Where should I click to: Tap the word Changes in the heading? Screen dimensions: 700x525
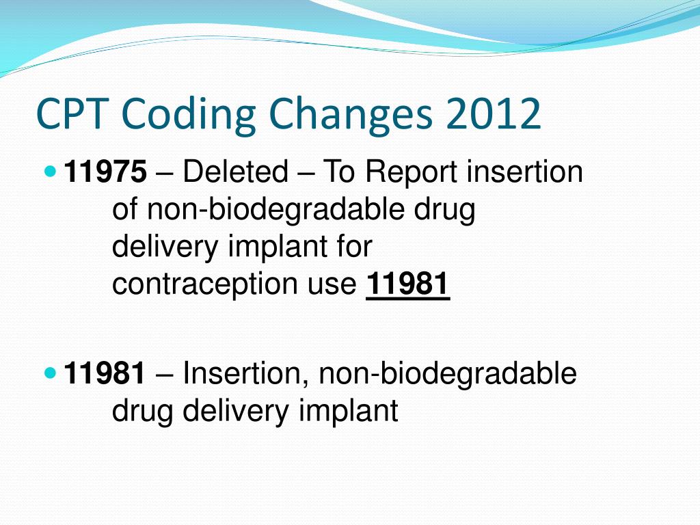pos(351,115)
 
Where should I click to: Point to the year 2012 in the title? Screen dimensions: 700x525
pos(493,113)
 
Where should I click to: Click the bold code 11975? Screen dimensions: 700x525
pos(105,172)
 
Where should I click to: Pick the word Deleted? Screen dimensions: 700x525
pos(235,172)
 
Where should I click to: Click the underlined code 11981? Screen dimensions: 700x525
pos(407,284)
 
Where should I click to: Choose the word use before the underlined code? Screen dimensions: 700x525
pos(332,287)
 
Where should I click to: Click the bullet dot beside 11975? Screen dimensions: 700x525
pos(51,171)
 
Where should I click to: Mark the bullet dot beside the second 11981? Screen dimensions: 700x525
pos(51,373)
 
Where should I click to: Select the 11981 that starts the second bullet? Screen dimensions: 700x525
pos(105,373)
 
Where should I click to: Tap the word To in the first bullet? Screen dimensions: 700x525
pos(338,172)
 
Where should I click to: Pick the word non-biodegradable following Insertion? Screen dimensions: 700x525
pos(448,374)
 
